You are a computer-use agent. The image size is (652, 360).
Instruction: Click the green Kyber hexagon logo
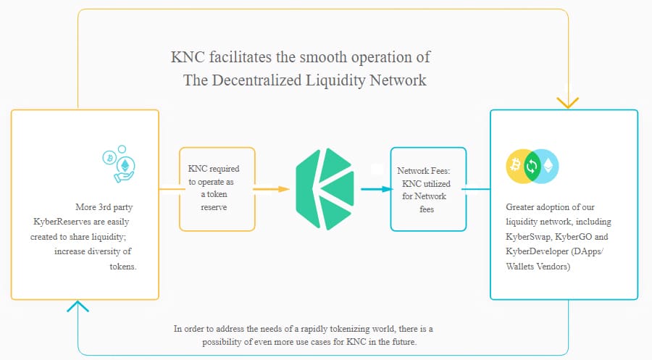[325, 189]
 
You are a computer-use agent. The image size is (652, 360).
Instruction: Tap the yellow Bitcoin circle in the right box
[516, 167]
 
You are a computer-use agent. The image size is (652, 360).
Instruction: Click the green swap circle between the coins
[532, 167]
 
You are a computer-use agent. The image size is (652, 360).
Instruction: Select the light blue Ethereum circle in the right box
[548, 167]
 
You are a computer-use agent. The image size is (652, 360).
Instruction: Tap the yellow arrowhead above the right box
[568, 101]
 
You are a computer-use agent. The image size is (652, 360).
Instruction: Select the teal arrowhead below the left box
[78, 307]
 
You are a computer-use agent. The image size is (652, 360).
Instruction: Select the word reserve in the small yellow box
[214, 207]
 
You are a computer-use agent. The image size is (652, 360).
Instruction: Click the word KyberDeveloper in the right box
[535, 252]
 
